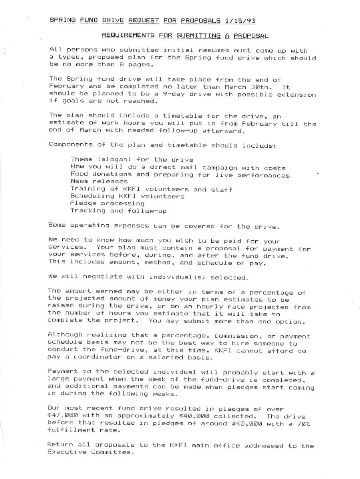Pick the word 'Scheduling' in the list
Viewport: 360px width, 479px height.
pyautogui.click(x=92, y=196)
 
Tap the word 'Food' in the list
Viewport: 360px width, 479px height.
pyautogui.click(x=79, y=174)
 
